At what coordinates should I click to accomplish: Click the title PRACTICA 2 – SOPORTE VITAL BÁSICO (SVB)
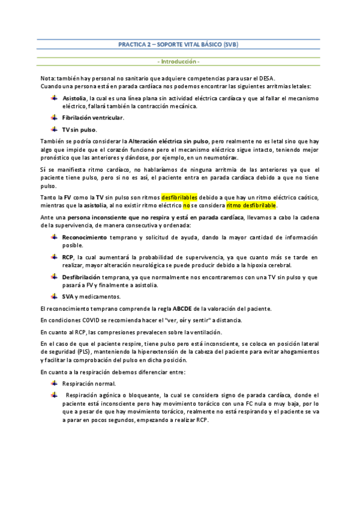179,45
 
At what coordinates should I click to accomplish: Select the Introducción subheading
179,62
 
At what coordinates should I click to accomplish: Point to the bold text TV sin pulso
79,130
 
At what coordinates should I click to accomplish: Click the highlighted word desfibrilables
179,197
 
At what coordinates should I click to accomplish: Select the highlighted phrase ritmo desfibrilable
252,205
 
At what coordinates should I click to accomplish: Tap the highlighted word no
186,205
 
